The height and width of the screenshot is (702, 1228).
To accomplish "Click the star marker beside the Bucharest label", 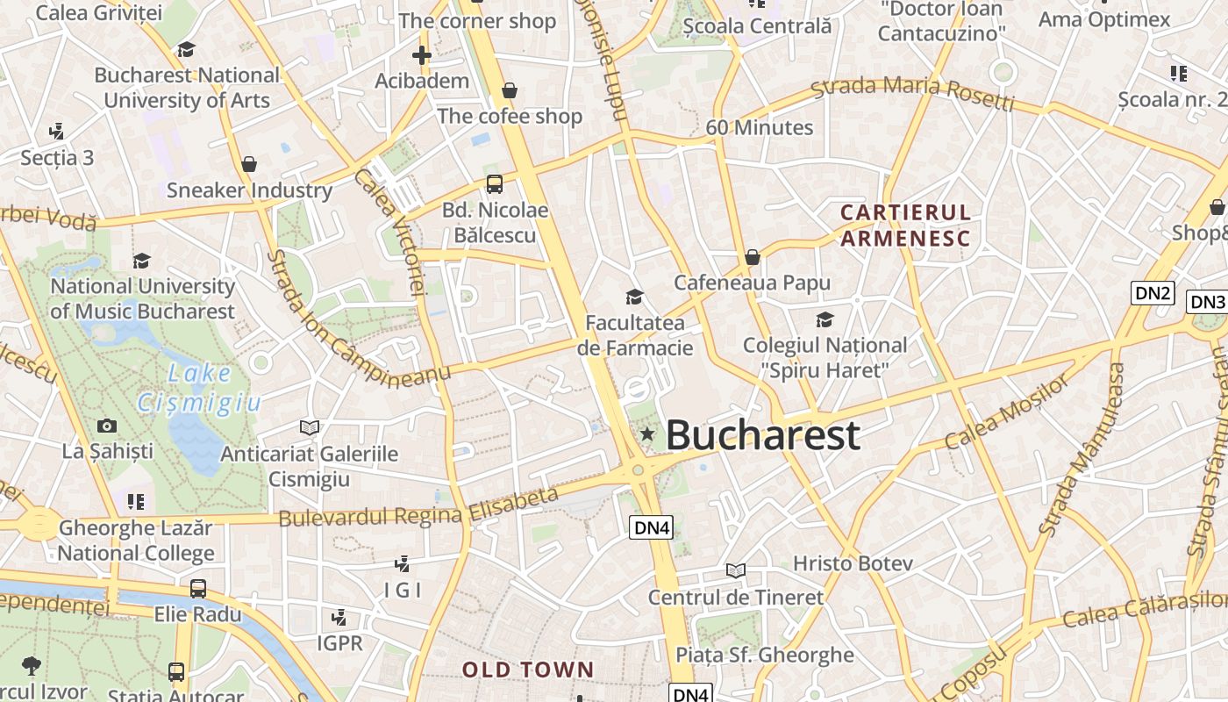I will click(x=647, y=433).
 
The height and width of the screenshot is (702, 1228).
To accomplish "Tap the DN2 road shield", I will click(x=1152, y=293).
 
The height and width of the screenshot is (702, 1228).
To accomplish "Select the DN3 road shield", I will click(x=1208, y=302).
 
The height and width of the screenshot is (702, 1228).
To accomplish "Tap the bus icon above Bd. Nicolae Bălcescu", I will click(x=495, y=184).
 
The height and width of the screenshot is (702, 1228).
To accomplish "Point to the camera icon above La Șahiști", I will click(x=107, y=426).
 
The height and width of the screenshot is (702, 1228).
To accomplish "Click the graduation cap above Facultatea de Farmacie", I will click(x=634, y=297).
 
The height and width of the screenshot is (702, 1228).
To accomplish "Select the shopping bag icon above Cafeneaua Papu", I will click(x=752, y=257).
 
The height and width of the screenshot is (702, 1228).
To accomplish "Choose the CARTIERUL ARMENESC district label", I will click(x=905, y=226).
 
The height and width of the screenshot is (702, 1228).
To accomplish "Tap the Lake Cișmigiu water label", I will click(x=200, y=388).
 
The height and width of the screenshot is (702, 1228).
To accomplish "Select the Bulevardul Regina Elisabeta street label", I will click(x=418, y=508).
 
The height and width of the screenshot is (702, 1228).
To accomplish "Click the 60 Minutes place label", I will click(x=760, y=127).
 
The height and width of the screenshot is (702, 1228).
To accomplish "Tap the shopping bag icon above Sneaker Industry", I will click(x=249, y=164).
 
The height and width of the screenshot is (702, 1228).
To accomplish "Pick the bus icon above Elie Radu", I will click(x=198, y=589).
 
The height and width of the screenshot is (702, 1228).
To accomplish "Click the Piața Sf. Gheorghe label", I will click(x=765, y=655).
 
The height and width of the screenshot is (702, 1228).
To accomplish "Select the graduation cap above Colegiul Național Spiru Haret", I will click(x=825, y=319).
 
